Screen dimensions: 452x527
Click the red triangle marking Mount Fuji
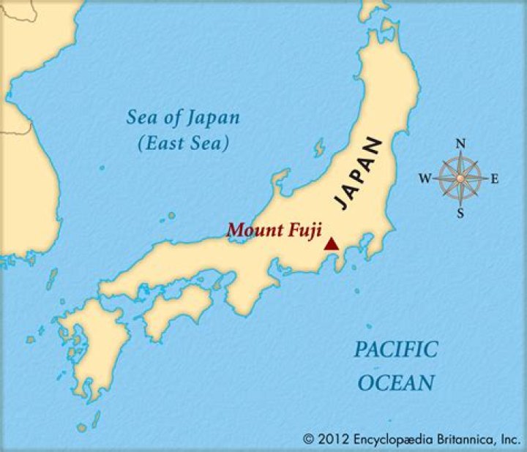(332, 244)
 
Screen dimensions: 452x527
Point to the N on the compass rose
(460, 143)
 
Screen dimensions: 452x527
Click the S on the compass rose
(460, 213)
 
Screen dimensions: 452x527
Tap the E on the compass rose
(494, 178)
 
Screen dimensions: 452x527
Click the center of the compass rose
(460, 178)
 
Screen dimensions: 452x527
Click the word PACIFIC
(396, 350)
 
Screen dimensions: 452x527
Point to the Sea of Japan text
(183, 118)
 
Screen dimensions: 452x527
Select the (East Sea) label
(183, 143)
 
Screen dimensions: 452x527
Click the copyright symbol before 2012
(308, 439)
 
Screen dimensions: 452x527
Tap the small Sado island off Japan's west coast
(319, 147)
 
